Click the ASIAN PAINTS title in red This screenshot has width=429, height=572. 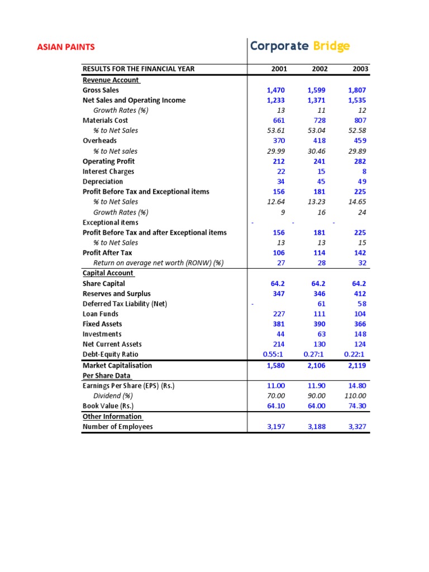tap(66, 47)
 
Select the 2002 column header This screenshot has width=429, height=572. tap(320, 69)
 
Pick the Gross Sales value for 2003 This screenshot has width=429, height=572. tap(356, 90)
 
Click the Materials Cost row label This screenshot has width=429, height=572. tap(105, 120)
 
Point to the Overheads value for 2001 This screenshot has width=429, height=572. tap(278, 141)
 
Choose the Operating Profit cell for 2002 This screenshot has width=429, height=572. tap(318, 161)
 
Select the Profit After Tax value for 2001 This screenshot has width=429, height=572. tap(278, 253)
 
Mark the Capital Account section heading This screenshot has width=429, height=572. tap(108, 273)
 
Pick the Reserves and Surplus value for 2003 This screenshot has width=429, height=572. tap(359, 294)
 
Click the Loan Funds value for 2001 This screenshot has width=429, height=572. tap(278, 314)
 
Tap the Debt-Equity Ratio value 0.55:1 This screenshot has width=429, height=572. tap(274, 355)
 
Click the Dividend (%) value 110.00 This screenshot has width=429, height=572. tap(355, 396)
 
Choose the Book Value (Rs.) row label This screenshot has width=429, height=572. tap(108, 406)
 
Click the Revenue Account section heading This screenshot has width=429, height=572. tap(111, 80)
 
